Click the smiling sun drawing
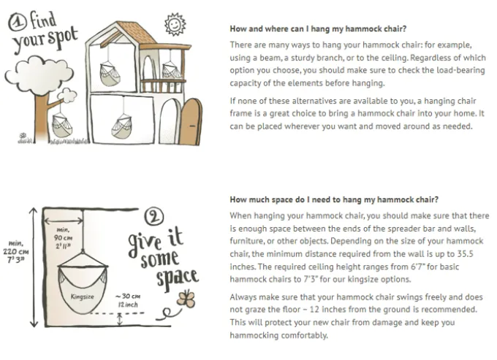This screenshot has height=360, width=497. pyautogui.click(x=175, y=24)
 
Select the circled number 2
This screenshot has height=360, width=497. pyautogui.click(x=154, y=217)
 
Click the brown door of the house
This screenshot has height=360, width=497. pyautogui.click(x=191, y=122)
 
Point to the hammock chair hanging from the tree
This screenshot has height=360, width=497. pyautogui.click(x=62, y=124)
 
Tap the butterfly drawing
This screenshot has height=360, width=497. pyautogui.click(x=186, y=299)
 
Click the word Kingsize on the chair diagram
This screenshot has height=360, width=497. pyautogui.click(x=82, y=296)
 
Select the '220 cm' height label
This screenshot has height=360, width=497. pyautogui.click(x=16, y=252)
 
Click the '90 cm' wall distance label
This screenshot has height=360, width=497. pyautogui.click(x=63, y=237)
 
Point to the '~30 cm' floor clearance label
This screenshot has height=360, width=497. pyautogui.click(x=128, y=296)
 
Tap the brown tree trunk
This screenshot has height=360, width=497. pyautogui.click(x=41, y=117)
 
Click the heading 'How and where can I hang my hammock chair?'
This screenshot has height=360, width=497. pyautogui.click(x=318, y=28)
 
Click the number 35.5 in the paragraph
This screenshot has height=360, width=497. pyautogui.click(x=465, y=254)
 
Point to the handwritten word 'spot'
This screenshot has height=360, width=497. pyautogui.click(x=62, y=38)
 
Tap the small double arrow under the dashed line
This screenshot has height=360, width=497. pyautogui.click(x=119, y=319)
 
